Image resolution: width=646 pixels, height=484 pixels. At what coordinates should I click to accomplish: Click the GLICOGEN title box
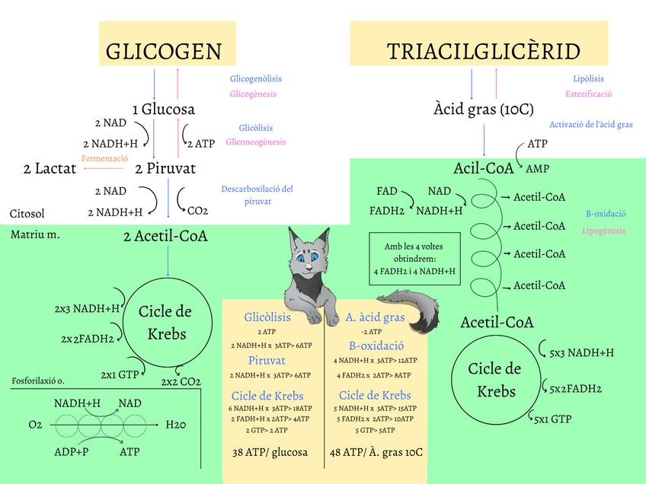tap(163, 50)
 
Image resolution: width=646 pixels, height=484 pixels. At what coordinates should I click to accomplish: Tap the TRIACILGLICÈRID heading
tap(483, 51)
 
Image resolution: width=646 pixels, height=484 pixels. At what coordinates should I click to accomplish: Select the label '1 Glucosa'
tap(163, 110)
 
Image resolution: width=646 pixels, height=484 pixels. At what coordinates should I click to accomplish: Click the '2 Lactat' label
tap(50, 168)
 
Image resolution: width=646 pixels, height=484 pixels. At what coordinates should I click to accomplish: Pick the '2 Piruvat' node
tap(165, 168)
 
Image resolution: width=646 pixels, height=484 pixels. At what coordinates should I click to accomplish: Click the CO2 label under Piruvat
tap(197, 210)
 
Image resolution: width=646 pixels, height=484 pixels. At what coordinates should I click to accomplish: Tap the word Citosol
tap(27, 214)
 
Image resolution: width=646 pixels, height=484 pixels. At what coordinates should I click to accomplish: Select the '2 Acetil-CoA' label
tap(165, 236)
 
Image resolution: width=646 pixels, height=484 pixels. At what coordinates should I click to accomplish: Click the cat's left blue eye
tap(302, 258)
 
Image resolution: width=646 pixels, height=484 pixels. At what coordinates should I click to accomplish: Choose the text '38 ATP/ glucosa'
tap(270, 452)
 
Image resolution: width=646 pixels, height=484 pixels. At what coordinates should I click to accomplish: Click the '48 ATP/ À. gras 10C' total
tap(376, 452)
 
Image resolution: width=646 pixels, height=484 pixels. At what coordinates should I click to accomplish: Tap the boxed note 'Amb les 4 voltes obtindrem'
tap(414, 259)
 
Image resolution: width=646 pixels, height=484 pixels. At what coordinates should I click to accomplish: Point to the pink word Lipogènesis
tap(604, 231)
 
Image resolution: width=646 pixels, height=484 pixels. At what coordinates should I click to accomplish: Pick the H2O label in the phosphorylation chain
tap(176, 424)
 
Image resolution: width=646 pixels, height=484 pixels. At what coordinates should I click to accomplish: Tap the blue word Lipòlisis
tap(588, 78)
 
